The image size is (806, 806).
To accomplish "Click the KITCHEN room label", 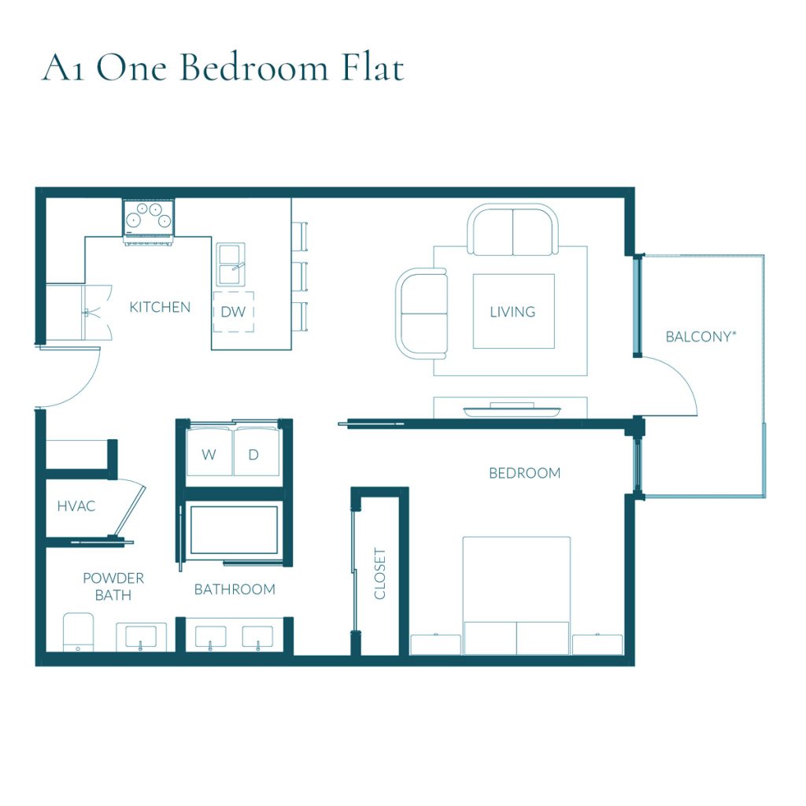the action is click(x=160, y=308).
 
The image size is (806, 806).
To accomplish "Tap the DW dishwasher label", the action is click(x=233, y=312).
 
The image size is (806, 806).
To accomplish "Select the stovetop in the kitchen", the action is click(x=149, y=218).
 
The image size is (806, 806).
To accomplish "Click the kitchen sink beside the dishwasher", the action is click(x=231, y=264).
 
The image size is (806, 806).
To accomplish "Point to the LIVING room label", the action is click(x=512, y=312).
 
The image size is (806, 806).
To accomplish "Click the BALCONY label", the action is click(x=701, y=337).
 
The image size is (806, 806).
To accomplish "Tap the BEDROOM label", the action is click(x=525, y=473).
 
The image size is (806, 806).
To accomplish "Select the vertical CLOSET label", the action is click(x=380, y=574).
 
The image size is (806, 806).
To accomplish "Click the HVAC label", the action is click(x=76, y=506).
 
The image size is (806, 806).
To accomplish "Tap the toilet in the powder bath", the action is click(x=78, y=632).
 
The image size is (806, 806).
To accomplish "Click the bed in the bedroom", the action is click(x=516, y=595).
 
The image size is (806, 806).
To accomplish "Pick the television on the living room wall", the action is click(x=512, y=411).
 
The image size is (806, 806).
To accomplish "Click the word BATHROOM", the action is click(x=235, y=590).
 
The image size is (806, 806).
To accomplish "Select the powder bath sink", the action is click(x=142, y=637).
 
